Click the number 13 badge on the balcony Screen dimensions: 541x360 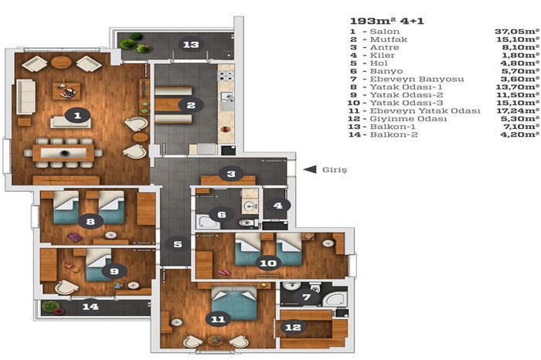pyautogui.click(x=191, y=44)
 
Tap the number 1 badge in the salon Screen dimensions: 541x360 pyautogui.click(x=77, y=116)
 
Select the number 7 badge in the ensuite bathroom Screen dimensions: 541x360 pyautogui.click(x=306, y=297)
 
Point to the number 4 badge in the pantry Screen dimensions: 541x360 pyautogui.click(x=277, y=205)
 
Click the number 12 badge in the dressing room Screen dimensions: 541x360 pyautogui.click(x=293, y=327)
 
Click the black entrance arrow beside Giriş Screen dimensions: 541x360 pyautogui.click(x=310, y=169)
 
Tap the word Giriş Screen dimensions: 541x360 pyautogui.click(x=335, y=170)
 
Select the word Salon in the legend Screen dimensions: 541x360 pyautogui.click(x=385, y=32)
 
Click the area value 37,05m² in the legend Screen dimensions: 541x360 pyautogui.click(x=517, y=32)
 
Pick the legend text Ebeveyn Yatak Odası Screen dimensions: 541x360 pyautogui.click(x=425, y=110)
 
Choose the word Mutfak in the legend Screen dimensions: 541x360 pyautogui.click(x=389, y=39)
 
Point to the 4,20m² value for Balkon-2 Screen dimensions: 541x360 pyautogui.click(x=519, y=134)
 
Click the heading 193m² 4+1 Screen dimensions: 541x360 pyautogui.click(x=386, y=21)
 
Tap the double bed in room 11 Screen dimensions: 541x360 pyautogui.click(x=234, y=304)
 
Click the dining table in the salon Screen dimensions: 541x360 pyautogui.click(x=63, y=153)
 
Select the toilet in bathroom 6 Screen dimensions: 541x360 pyautogui.click(x=247, y=222)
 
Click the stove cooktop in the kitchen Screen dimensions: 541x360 pyautogui.click(x=226, y=76)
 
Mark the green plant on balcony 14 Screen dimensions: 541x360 pyautogui.click(x=51, y=306)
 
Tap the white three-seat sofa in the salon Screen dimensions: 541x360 pyautogui.click(x=26, y=97)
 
